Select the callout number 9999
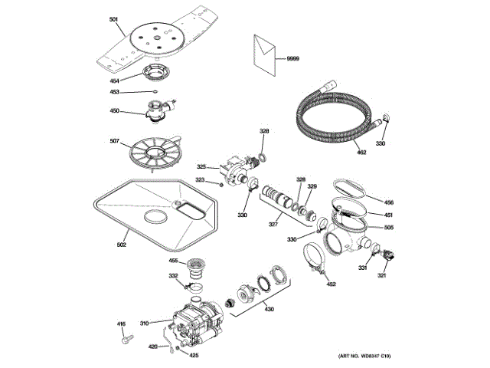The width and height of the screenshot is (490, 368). pyautogui.click(x=294, y=59)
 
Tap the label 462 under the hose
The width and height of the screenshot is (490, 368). pyautogui.click(x=361, y=153)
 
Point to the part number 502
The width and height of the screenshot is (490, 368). pyautogui.click(x=121, y=245)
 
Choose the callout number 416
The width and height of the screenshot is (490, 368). pyautogui.click(x=121, y=325)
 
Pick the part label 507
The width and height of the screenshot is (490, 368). pyautogui.click(x=114, y=140)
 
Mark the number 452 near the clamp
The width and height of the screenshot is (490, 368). pyautogui.click(x=331, y=284)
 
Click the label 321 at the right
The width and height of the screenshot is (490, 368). pyautogui.click(x=381, y=276)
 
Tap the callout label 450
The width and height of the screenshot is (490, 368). pyautogui.click(x=114, y=110)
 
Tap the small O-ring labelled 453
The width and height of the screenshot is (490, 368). pyautogui.click(x=155, y=92)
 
